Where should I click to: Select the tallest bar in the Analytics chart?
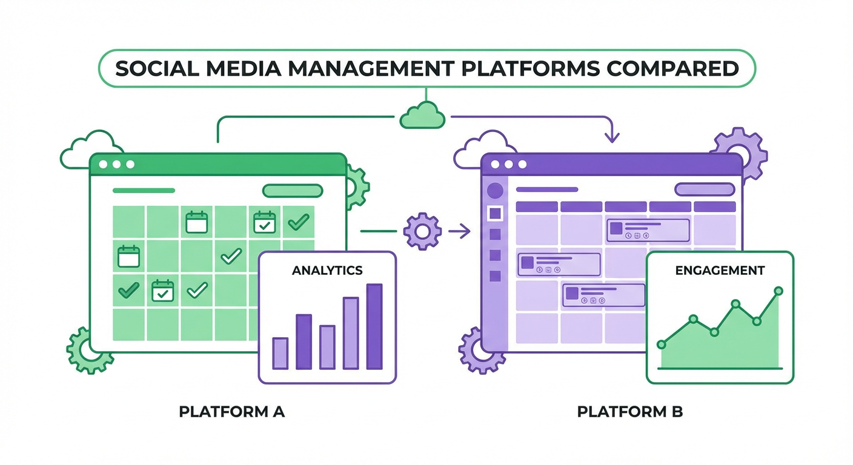point(374,327)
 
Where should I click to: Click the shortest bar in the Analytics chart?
point(280,354)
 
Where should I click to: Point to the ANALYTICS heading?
point(327,270)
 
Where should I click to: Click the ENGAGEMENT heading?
point(720,270)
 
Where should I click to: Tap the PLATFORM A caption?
point(231,412)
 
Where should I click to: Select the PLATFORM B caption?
point(630,412)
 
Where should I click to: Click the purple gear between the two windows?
point(422,230)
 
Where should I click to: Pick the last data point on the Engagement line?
point(778,291)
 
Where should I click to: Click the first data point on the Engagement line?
point(661,344)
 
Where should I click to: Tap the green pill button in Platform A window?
point(292,191)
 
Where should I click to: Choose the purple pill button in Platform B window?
point(705,190)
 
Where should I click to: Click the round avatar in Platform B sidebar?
point(496,190)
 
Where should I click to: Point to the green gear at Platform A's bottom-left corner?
point(90,350)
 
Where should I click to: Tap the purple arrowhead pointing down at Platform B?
point(612,138)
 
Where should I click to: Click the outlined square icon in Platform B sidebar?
point(496,213)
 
